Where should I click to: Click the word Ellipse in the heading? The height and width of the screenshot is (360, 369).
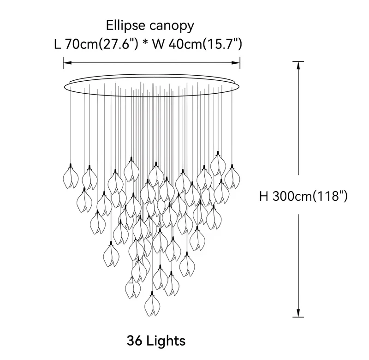click(125, 25)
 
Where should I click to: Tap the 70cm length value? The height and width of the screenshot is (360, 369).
click(81, 44)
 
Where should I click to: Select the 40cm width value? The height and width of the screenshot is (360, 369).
click(185, 44)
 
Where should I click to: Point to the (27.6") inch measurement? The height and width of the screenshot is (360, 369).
click(118, 44)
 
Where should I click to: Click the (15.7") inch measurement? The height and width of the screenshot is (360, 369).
click(222, 44)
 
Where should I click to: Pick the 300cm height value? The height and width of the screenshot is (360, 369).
click(292, 196)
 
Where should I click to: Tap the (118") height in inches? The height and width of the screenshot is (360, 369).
click(330, 196)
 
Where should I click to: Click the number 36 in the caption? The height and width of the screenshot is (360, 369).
click(135, 341)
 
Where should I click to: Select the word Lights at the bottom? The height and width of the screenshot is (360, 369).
click(166, 341)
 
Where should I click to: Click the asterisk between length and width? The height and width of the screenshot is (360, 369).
click(145, 42)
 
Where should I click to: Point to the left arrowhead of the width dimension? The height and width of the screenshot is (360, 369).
click(67, 63)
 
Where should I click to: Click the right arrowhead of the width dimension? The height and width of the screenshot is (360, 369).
click(236, 63)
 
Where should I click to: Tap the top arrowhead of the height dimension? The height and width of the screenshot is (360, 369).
click(298, 66)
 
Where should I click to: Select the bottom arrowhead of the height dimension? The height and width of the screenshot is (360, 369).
click(298, 313)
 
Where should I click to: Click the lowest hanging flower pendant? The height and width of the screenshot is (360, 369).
click(153, 304)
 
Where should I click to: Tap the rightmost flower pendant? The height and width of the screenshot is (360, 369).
click(232, 177)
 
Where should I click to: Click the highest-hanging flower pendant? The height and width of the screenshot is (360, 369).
click(218, 164)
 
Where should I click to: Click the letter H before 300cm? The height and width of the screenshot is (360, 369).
click(264, 196)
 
